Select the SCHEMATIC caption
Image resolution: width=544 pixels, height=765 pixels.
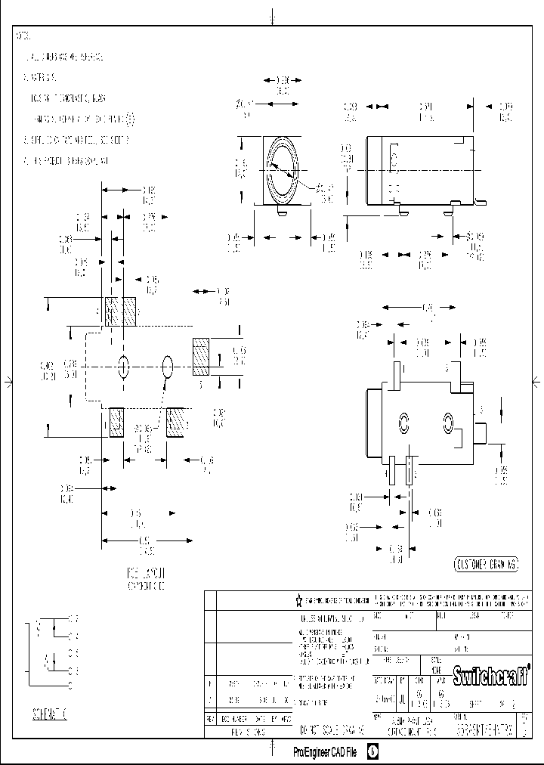pyautogui.click(x=50, y=714)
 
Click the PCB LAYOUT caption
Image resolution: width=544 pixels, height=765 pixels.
pyautogui.click(x=145, y=578)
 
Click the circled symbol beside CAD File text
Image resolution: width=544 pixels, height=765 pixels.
pyautogui.click(x=372, y=752)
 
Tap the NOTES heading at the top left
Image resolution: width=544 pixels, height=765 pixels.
pyautogui.click(x=24, y=36)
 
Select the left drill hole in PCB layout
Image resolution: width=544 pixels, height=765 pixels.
pyautogui.click(x=123, y=367)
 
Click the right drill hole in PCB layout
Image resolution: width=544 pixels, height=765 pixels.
pyautogui.click(x=168, y=367)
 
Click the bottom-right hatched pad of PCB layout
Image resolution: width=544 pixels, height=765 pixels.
pyautogui.click(x=176, y=422)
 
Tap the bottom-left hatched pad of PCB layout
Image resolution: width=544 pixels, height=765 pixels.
pyautogui.click(x=116, y=422)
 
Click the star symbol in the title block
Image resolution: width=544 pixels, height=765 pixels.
pyautogui.click(x=299, y=600)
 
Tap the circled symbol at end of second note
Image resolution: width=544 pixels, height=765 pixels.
pyautogui.click(x=130, y=119)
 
